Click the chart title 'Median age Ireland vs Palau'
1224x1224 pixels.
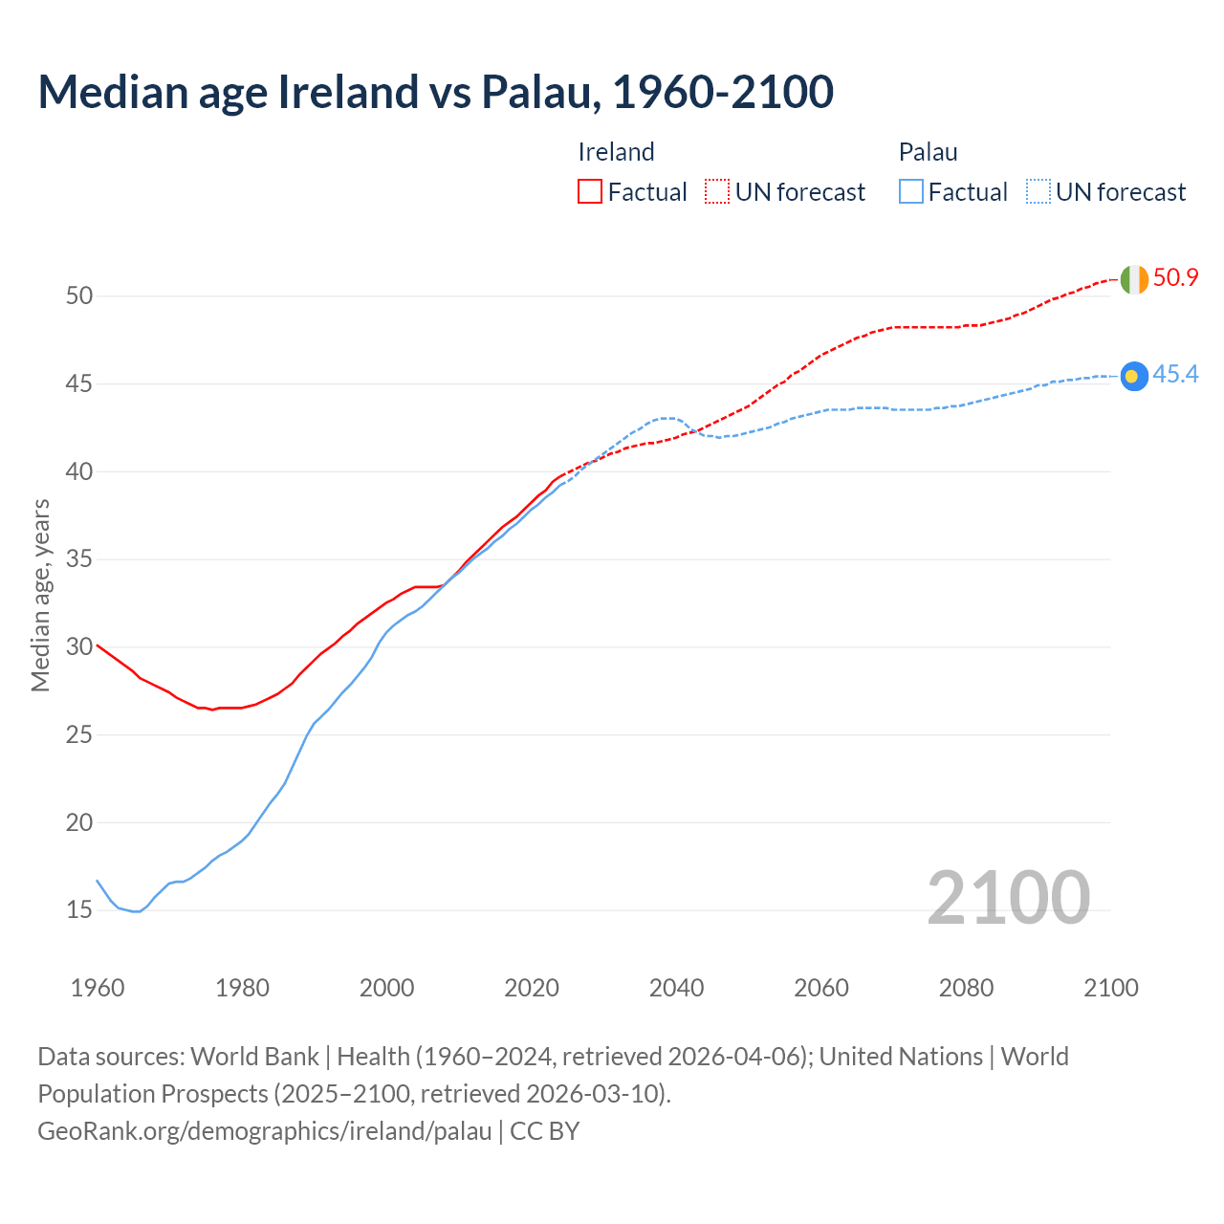tap(435, 92)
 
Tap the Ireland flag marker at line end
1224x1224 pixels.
tap(1134, 279)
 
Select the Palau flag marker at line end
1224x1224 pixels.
tap(1134, 377)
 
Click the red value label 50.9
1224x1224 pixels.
tap(1175, 278)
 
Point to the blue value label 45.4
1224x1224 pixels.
tap(1175, 375)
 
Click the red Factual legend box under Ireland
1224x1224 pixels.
tap(590, 192)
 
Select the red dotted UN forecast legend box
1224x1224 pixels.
tap(717, 192)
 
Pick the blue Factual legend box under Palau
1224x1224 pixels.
tap(911, 192)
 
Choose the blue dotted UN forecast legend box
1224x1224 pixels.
tap(1038, 192)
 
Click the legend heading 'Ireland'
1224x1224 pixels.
tap(616, 152)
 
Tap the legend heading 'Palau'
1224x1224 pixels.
tap(928, 152)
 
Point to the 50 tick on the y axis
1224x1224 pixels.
tap(79, 296)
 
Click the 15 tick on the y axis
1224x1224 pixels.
tap(79, 910)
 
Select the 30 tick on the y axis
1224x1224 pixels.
tap(79, 647)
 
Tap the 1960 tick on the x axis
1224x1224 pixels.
tap(98, 988)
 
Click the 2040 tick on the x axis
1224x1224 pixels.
tap(676, 988)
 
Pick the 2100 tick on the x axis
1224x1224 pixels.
tap(1110, 988)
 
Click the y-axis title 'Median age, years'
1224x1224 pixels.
tap(40, 595)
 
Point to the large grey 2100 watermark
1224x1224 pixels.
tap(1008, 897)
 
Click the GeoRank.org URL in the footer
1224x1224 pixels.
tap(264, 1131)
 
